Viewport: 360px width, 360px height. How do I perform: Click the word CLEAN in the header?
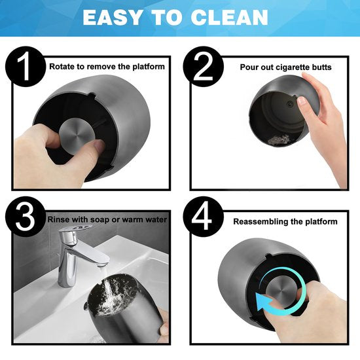[x=229, y=18]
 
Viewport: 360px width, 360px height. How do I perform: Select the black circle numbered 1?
[x=26, y=66]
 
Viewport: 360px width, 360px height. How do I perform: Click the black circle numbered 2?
[x=203, y=66]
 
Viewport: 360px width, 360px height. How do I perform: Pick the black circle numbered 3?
[x=26, y=217]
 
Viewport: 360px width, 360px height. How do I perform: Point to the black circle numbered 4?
[x=203, y=217]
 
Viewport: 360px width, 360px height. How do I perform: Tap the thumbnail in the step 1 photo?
[x=99, y=145]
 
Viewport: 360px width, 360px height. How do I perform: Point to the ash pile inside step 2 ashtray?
[x=279, y=139]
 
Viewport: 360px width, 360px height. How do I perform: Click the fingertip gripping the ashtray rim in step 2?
[x=302, y=101]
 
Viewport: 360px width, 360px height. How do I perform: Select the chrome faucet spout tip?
[x=102, y=263]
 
